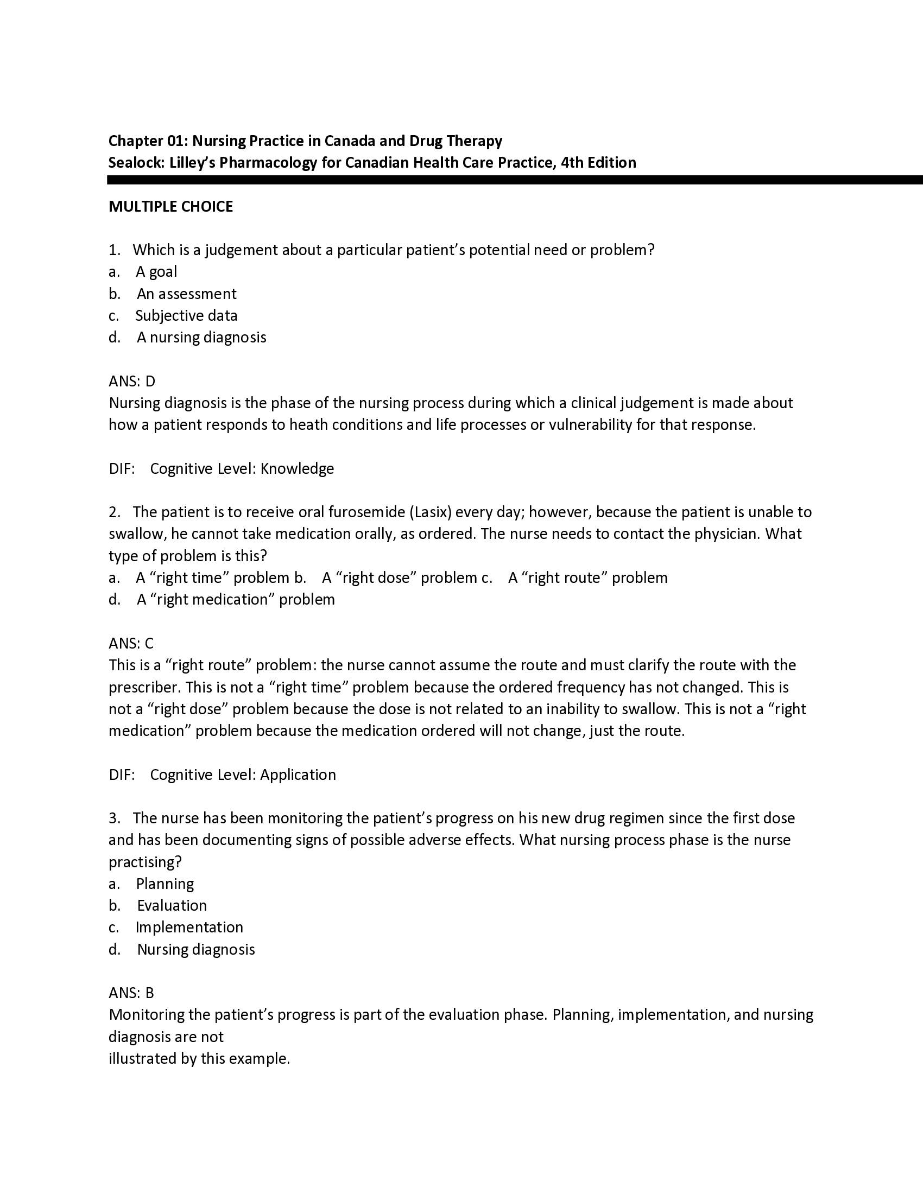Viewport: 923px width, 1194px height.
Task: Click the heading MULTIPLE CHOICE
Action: (170, 207)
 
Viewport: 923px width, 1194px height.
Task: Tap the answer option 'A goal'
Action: (156, 272)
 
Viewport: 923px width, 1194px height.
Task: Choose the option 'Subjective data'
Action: (186, 315)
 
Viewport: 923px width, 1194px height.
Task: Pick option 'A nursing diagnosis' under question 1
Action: (201, 338)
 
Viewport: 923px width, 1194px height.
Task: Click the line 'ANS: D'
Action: (132, 381)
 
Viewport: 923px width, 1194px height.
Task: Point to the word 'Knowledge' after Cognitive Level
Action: (297, 468)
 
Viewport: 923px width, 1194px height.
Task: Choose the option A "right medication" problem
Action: (236, 600)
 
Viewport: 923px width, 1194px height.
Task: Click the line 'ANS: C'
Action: (131, 644)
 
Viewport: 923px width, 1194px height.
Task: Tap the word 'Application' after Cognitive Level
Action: (298, 774)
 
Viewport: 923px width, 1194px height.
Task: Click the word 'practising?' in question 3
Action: (145, 862)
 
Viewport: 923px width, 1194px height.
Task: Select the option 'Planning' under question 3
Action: (165, 884)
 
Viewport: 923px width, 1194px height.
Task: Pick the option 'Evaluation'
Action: (172, 906)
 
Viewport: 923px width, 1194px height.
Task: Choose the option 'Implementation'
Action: (189, 927)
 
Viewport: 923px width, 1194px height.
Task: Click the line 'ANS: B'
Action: (131, 993)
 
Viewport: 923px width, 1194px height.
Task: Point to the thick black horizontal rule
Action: (514, 180)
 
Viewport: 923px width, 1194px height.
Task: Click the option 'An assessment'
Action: (186, 294)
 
